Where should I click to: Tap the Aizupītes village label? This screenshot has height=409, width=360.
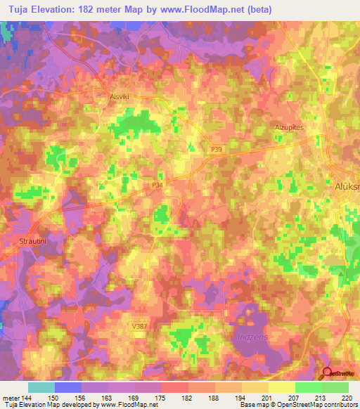click(x=287, y=127)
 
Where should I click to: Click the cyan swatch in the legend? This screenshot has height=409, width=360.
click(x=41, y=387)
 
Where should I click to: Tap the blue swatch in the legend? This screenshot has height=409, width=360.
click(x=68, y=387)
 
